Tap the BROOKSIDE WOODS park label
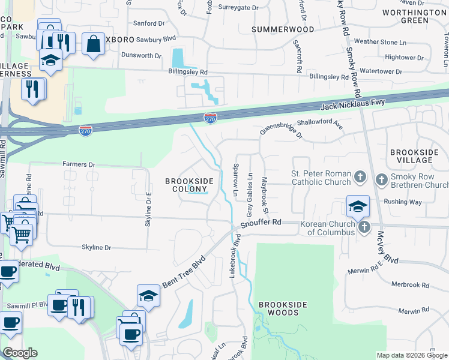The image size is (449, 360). pyautogui.click(x=279, y=308)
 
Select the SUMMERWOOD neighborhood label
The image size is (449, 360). pyautogui.click(x=283, y=29)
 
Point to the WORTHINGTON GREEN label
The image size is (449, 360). pyautogui.click(x=414, y=16)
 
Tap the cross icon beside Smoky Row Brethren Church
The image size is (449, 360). pyautogui.click(x=382, y=179)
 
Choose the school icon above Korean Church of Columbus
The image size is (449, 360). pyautogui.click(x=357, y=207)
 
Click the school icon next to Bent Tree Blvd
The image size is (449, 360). pyautogui.click(x=148, y=296)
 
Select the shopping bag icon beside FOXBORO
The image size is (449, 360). pyautogui.click(x=93, y=44)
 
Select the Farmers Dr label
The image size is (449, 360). pyautogui.click(x=79, y=164)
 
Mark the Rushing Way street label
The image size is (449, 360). pyautogui.click(x=403, y=202)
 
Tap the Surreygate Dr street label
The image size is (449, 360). pyautogui.click(x=238, y=8)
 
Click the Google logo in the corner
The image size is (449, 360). pyautogui.click(x=20, y=353)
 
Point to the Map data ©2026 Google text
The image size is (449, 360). pyautogui.click(x=411, y=355)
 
